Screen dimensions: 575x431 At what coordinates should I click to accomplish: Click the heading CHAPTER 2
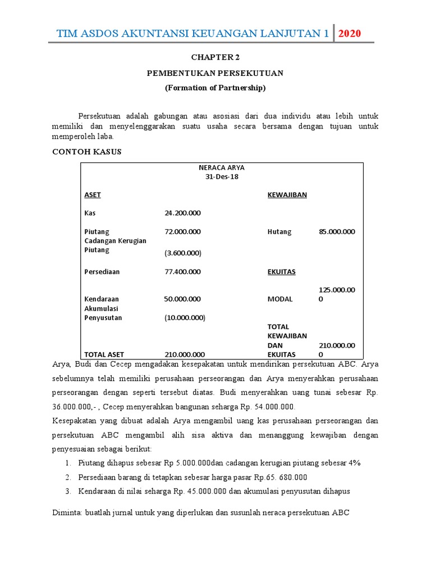(215, 57)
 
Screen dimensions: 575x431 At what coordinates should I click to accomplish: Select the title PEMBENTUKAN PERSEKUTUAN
(215, 73)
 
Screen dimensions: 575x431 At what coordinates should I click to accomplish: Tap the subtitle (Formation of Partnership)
(215, 88)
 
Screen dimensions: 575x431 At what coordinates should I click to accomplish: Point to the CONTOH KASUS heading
(86, 152)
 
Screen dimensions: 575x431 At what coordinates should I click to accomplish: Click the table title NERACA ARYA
(222, 167)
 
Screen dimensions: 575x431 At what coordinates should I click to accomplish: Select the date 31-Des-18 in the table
(222, 176)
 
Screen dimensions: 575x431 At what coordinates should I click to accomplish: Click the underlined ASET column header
(93, 195)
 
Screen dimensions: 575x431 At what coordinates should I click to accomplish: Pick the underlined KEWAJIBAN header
(287, 195)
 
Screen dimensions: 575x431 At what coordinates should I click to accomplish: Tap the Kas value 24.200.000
(182, 213)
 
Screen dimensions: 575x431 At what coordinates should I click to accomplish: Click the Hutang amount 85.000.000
(337, 231)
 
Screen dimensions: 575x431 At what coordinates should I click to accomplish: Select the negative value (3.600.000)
(182, 253)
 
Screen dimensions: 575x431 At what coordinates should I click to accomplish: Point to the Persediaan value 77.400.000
(182, 272)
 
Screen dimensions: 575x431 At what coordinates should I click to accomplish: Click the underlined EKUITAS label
(282, 272)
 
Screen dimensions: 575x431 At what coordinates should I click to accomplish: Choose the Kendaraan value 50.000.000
(182, 299)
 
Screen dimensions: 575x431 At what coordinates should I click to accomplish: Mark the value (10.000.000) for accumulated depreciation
(185, 318)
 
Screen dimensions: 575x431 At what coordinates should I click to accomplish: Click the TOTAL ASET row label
(104, 354)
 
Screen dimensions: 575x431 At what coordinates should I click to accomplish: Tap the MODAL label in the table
(280, 299)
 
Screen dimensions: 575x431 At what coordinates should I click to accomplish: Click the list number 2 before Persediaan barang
(67, 477)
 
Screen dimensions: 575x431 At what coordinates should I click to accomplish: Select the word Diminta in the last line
(67, 513)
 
